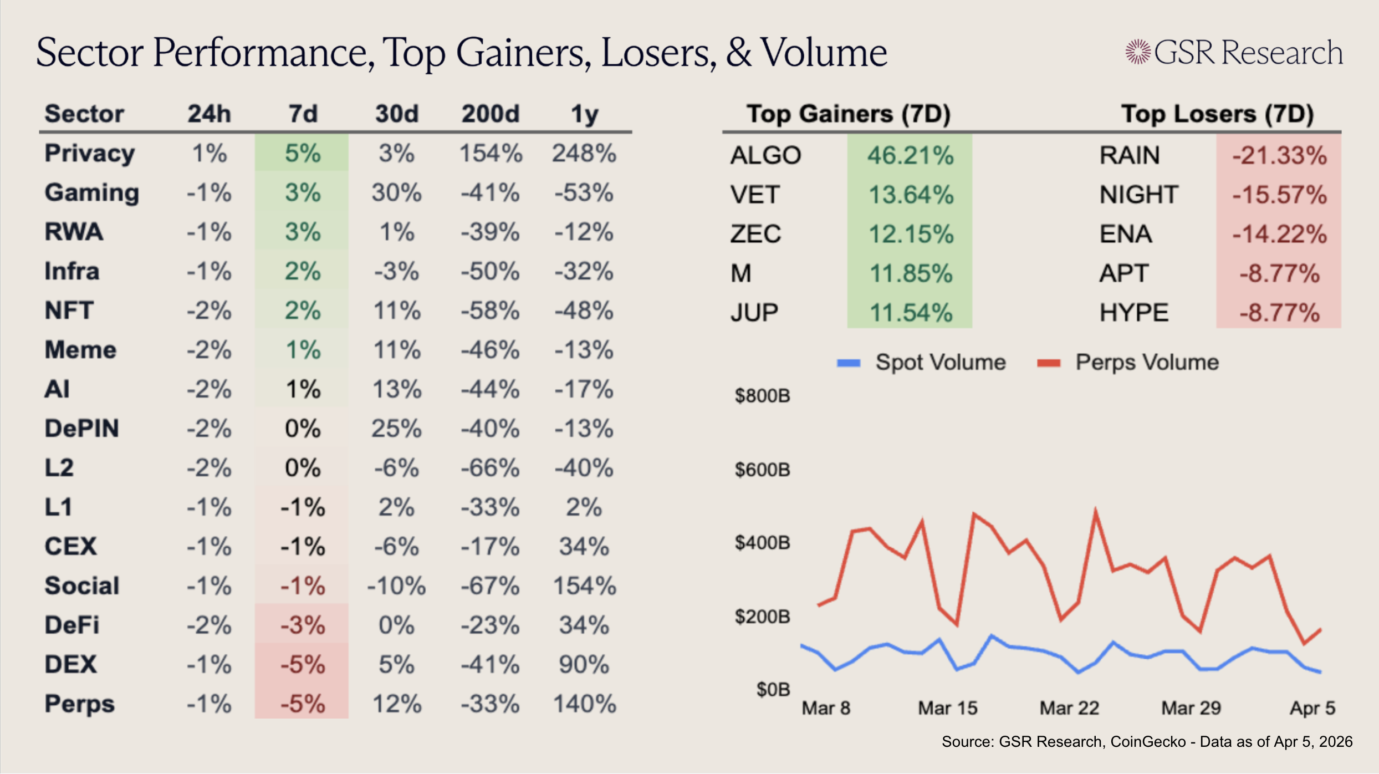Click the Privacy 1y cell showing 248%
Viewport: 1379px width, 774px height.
[x=584, y=154]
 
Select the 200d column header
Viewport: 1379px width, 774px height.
[x=491, y=114]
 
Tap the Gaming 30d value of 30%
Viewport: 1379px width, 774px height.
[x=396, y=193]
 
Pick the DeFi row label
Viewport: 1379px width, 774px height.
[x=72, y=625]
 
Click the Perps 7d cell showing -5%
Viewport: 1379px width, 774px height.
[x=303, y=704]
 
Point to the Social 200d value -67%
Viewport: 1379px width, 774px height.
[x=491, y=586]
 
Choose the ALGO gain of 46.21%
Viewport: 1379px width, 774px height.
[x=910, y=155]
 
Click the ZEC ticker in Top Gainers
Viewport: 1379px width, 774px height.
[x=755, y=234]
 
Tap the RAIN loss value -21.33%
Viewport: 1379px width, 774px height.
[x=1279, y=155]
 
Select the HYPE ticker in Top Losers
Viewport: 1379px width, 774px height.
[x=1134, y=313]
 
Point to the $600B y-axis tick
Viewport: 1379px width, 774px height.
[x=762, y=470]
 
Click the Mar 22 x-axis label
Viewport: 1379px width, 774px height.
[x=1069, y=708]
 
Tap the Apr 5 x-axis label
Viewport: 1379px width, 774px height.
[x=1312, y=708]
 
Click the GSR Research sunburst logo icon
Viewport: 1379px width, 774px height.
[x=1138, y=52]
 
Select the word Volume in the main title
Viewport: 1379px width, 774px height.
[x=824, y=53]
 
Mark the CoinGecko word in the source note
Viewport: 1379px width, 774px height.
[x=1148, y=742]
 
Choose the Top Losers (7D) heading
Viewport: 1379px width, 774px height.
[x=1217, y=114]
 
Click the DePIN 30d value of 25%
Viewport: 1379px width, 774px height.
[x=396, y=429]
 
